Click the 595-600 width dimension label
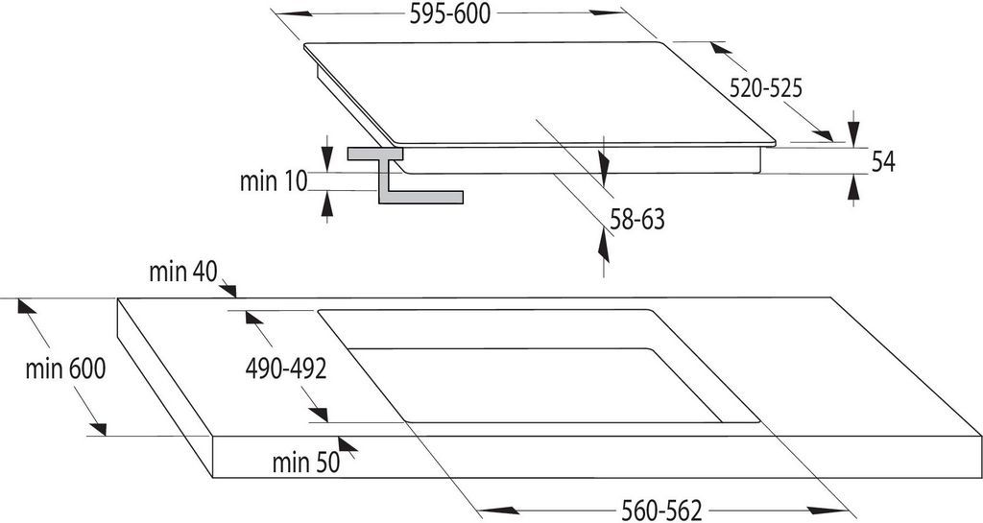[x=449, y=14]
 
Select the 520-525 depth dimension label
[x=765, y=89]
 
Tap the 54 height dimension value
[x=883, y=162]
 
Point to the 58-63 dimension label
[x=637, y=220]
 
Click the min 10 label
[x=274, y=181]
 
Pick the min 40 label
[x=183, y=272]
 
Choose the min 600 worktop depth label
[x=65, y=368]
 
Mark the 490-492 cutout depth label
[x=286, y=369]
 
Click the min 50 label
[x=306, y=463]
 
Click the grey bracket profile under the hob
[x=405, y=176]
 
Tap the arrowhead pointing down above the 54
[x=853, y=132]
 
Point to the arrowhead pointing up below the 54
[x=853, y=187]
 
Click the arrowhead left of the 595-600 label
[x=294, y=13]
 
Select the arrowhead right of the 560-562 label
[x=827, y=511]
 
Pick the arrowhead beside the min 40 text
[x=228, y=290]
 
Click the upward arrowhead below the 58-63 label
[x=603, y=245]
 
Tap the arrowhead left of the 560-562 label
[x=499, y=511]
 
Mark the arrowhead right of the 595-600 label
[x=608, y=12]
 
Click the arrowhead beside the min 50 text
[x=348, y=444]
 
